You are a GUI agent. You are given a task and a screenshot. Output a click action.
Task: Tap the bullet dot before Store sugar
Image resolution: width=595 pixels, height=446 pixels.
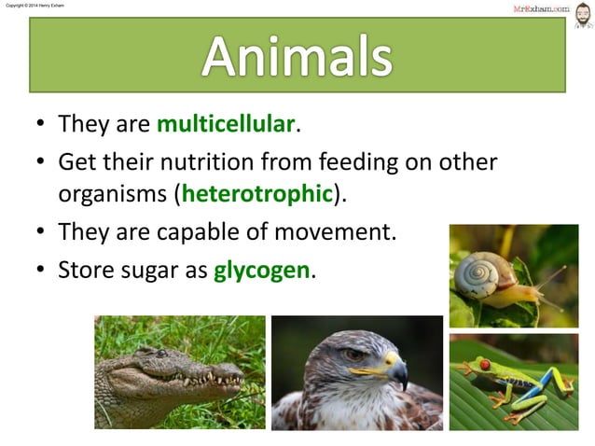pyautogui.click(x=41, y=272)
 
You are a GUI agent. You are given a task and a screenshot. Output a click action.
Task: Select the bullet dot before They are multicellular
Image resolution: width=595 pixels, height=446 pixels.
pyautogui.click(x=41, y=124)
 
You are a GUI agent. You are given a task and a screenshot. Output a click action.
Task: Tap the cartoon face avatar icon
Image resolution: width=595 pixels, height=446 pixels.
pyautogui.click(x=582, y=14)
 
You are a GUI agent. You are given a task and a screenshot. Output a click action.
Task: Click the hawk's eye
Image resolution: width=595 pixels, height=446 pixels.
pyautogui.click(x=354, y=355)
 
